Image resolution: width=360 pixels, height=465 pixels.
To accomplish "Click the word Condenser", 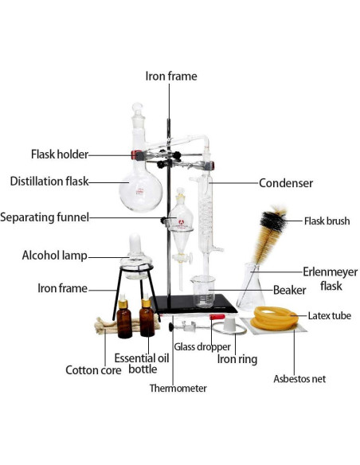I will pos(286,183).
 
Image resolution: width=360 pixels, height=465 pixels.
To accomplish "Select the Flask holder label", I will pos(60,154).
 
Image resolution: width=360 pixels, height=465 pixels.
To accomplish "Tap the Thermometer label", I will pos(178,389).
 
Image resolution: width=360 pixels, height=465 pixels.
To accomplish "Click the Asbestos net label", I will pos(299,379).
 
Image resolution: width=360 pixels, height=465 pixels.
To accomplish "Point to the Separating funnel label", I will pos(45,217).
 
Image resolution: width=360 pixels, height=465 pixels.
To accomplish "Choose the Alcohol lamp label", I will pos(55,256).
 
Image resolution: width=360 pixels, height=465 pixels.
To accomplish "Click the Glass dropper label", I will pos(203,346).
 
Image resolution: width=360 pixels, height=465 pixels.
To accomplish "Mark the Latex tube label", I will pos(330,316).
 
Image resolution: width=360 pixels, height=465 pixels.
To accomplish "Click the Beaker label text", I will pos(290,290).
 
